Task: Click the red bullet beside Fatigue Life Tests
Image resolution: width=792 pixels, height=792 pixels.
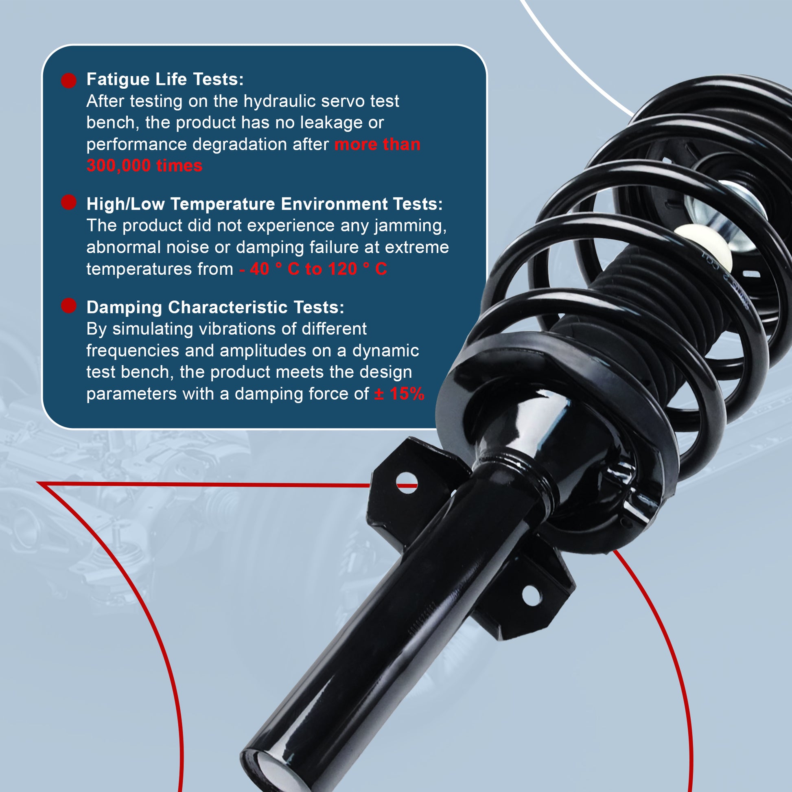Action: [69, 80]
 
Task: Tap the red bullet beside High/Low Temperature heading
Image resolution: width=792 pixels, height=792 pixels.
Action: [69, 202]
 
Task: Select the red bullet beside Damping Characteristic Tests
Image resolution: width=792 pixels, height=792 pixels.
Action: [69, 306]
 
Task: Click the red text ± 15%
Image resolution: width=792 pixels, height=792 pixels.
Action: [399, 394]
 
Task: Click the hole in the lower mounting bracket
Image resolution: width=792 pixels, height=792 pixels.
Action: [532, 595]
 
